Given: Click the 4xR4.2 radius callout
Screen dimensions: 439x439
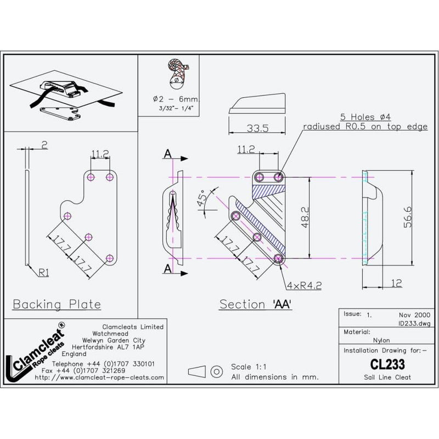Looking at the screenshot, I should pos(303,285).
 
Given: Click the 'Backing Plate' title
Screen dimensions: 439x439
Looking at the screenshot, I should pos(57,303).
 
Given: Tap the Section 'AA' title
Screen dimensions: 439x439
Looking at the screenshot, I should pos(255,304).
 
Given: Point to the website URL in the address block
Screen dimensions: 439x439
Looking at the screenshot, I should pos(99,378).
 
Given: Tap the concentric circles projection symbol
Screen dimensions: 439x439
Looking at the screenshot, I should pos(217,372).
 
